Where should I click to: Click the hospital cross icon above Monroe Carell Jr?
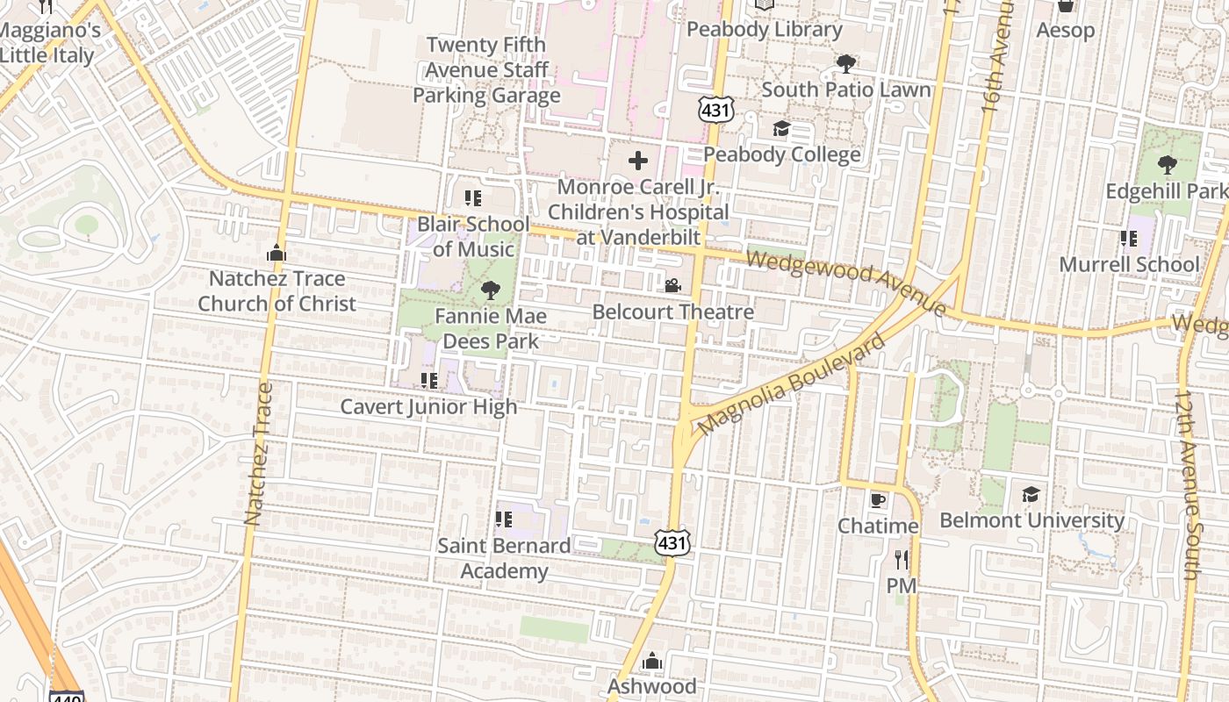tap(638, 161)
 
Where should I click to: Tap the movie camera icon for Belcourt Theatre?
tap(672, 286)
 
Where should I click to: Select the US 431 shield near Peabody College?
tap(715, 110)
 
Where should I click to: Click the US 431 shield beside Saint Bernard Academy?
tap(672, 543)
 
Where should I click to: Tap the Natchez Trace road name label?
tap(255, 454)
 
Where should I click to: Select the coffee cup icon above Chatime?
tap(877, 500)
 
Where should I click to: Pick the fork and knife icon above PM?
tap(901, 559)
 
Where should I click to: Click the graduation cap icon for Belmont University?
tap(1031, 495)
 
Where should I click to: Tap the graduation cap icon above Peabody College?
tap(780, 129)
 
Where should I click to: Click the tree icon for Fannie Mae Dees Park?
tap(490, 290)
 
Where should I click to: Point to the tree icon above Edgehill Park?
tap(1167, 165)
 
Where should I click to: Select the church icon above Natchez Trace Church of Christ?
tap(277, 254)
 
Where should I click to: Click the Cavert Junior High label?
tap(428, 407)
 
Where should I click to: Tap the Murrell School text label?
tap(1128, 264)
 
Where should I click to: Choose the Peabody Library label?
tap(764, 29)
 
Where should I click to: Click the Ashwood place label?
tap(651, 685)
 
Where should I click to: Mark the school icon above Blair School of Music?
tap(473, 198)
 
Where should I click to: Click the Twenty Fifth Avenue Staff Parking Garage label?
tap(486, 70)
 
